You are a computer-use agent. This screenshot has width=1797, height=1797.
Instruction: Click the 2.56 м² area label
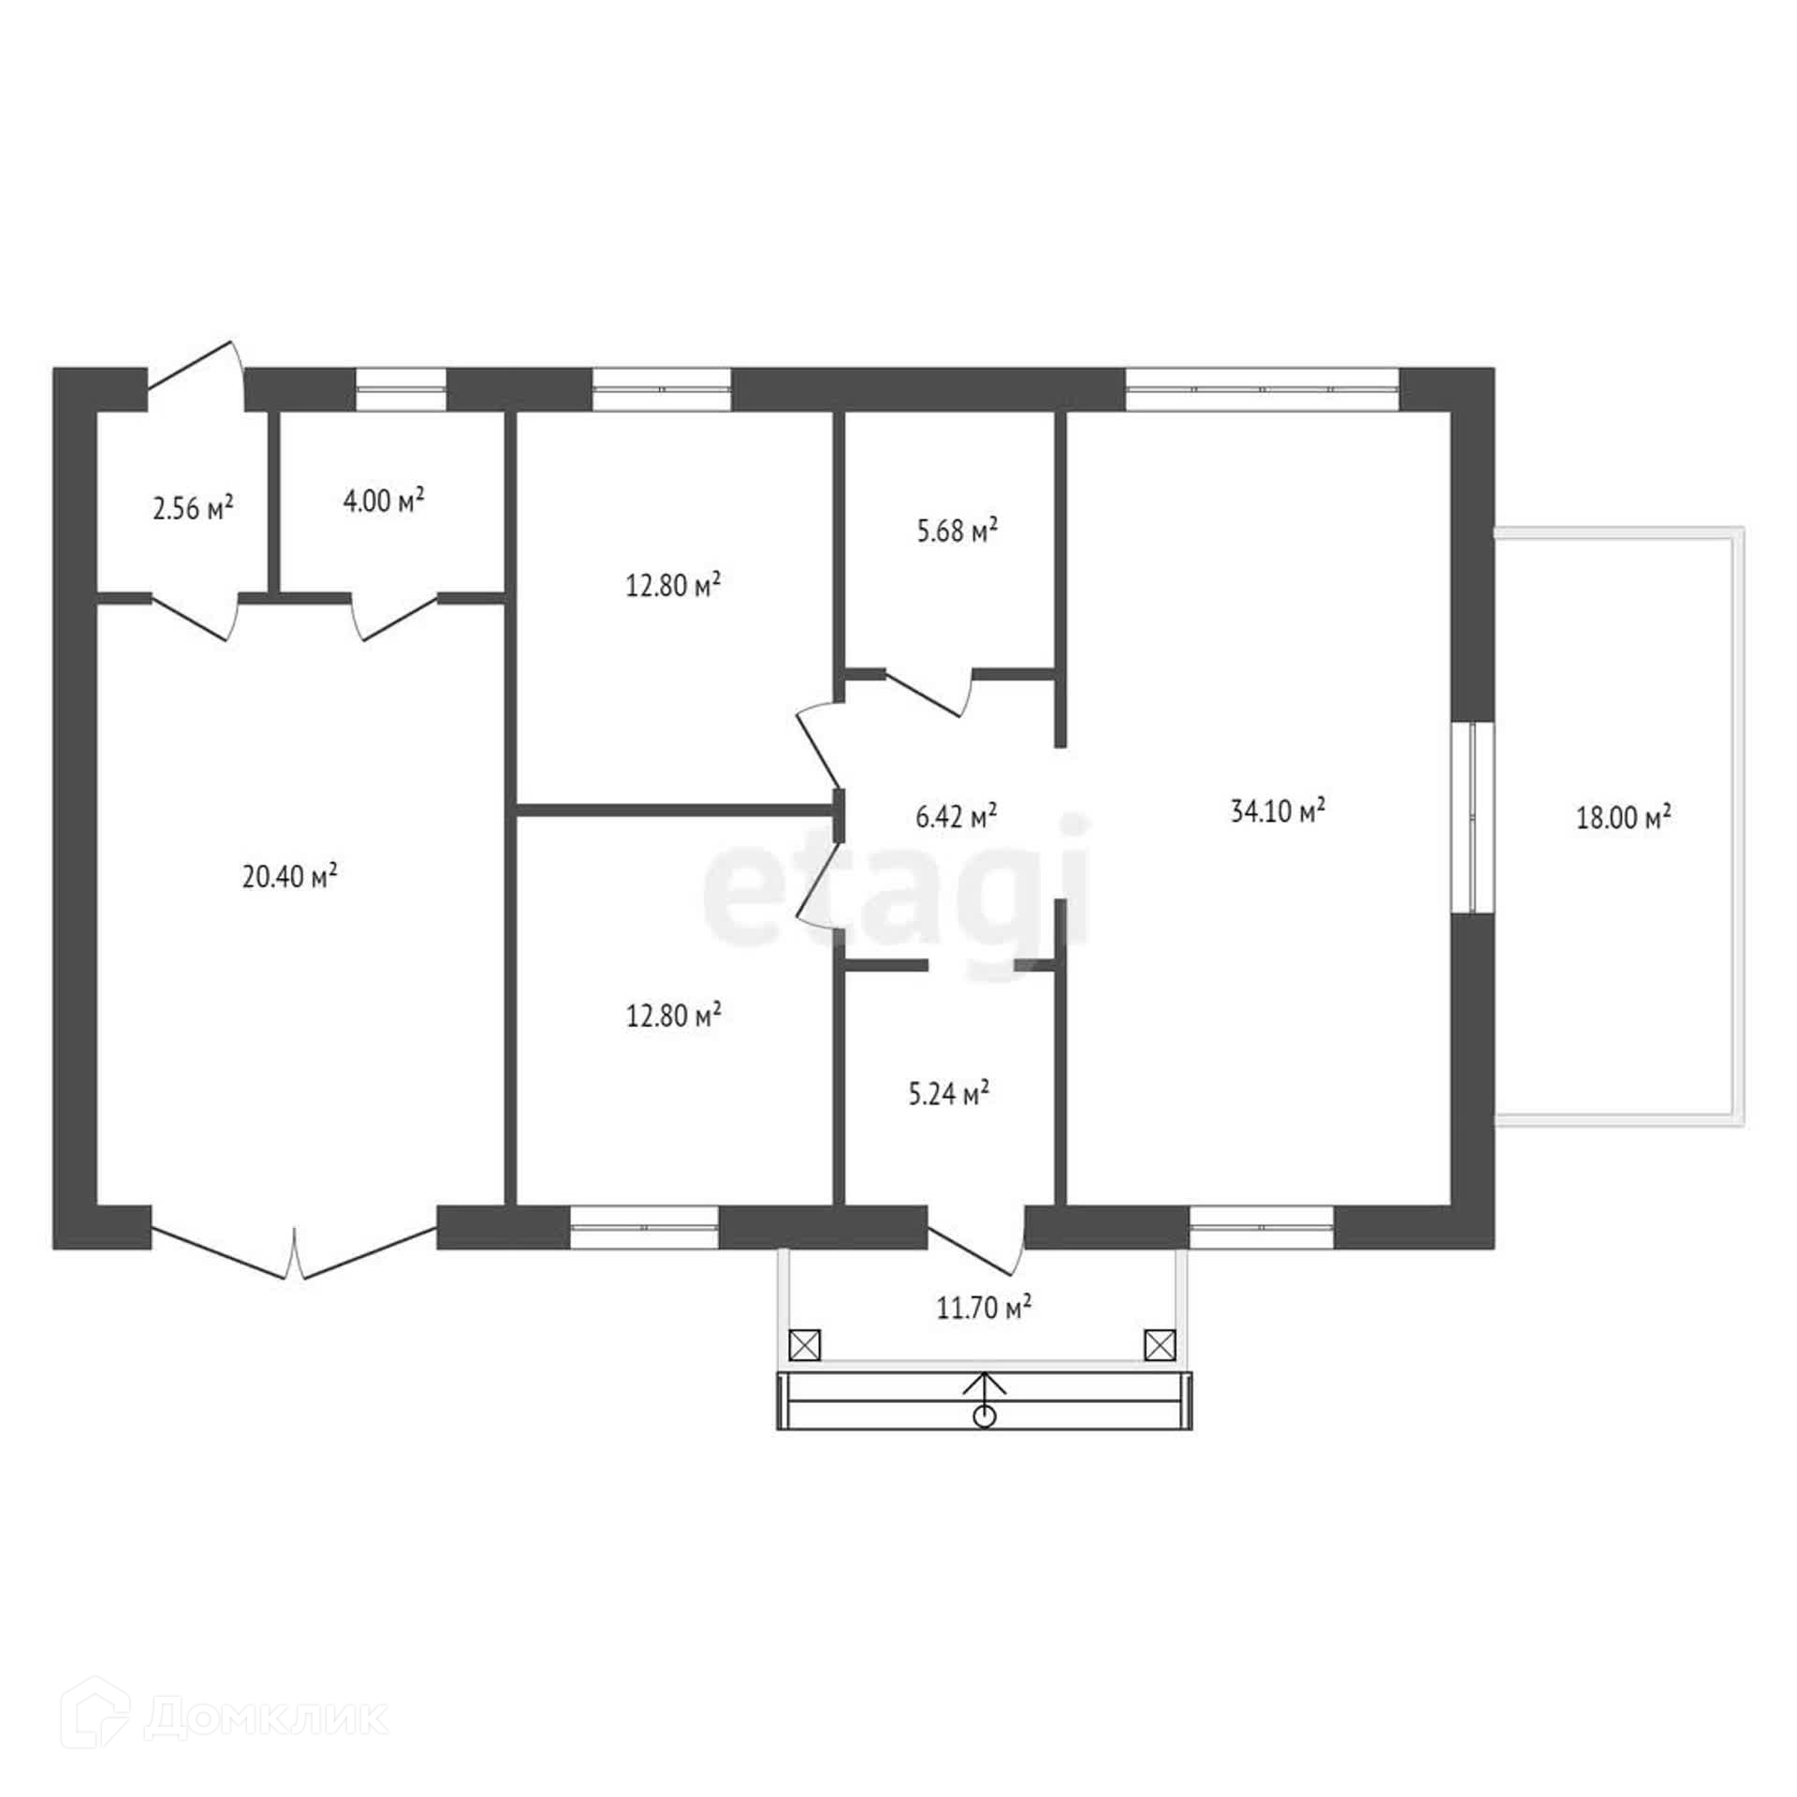coord(193,507)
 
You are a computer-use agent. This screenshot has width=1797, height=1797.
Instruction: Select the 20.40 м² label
coord(290,877)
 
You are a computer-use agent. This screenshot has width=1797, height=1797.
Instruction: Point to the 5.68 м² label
coord(957,531)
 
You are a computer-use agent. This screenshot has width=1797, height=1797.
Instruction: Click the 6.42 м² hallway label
coord(956,816)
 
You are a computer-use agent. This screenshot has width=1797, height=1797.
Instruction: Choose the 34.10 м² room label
coord(1278,811)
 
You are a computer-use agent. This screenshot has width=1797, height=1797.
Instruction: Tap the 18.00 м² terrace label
coord(1624,818)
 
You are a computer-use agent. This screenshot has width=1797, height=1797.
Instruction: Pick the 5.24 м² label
coord(949,1093)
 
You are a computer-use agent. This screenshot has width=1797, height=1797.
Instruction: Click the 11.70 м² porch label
coord(985,1308)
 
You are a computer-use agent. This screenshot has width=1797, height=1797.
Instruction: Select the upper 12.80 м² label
coord(673,586)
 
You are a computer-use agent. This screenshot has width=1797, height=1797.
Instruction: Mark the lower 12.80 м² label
coord(674,1015)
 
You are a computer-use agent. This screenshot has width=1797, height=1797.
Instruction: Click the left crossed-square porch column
coord(805,1346)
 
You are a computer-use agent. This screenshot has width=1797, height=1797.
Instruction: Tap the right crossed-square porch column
coord(1160,1346)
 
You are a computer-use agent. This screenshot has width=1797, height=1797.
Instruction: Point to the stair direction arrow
coord(984,1398)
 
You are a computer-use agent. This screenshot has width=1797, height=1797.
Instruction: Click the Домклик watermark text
coord(267,1718)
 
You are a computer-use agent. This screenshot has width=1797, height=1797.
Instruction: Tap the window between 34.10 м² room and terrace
coord(1472,816)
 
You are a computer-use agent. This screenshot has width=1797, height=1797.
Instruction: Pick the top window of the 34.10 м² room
coord(1262,388)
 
